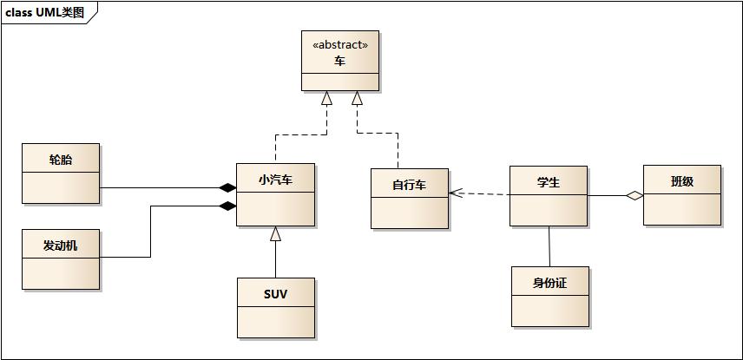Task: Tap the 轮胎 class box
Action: (x=61, y=173)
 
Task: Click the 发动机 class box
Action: (x=61, y=259)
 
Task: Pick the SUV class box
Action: (x=275, y=307)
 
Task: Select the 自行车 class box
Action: (x=409, y=199)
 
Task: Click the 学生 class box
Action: (x=548, y=196)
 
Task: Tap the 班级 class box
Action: (x=681, y=195)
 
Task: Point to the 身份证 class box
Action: (x=549, y=297)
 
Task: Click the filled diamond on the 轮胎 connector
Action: (x=227, y=187)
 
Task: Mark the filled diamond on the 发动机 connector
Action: (x=227, y=206)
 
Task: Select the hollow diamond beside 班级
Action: (x=635, y=196)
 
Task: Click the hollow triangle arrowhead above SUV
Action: (x=275, y=233)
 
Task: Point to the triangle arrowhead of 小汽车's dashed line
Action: (x=327, y=98)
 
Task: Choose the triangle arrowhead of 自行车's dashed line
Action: (x=357, y=98)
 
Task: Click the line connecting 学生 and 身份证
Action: (x=549, y=246)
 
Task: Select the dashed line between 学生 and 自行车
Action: (x=483, y=194)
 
